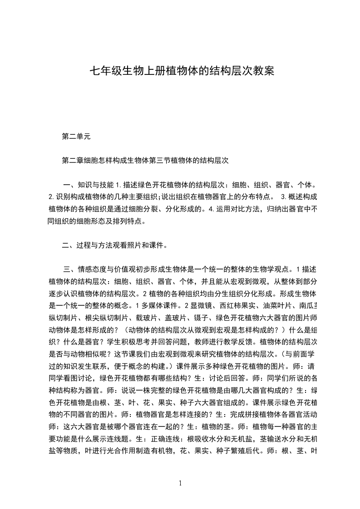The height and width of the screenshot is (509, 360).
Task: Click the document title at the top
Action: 182,71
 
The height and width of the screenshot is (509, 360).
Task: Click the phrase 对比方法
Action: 244,210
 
